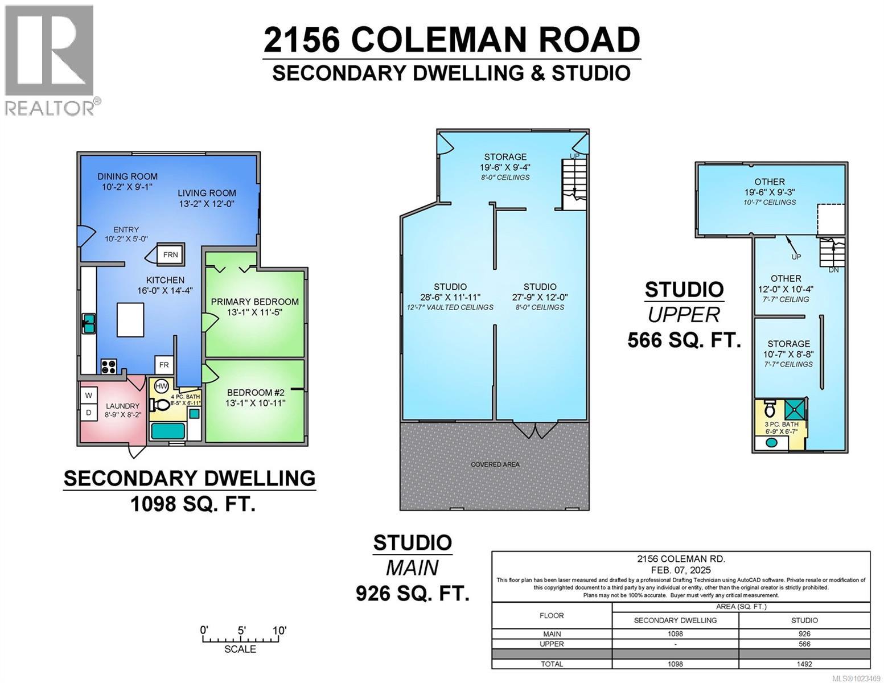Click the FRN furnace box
click(x=170, y=255)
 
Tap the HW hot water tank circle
click(x=162, y=385)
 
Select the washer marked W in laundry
click(x=89, y=395)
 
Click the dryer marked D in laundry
click(x=89, y=412)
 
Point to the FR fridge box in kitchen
click(x=164, y=365)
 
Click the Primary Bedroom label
click(x=254, y=302)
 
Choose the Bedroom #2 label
click(x=256, y=393)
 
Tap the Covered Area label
click(x=495, y=464)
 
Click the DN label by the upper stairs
click(x=833, y=270)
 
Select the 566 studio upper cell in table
click(x=804, y=644)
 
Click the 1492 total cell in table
click(x=804, y=664)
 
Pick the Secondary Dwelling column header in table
click(x=675, y=620)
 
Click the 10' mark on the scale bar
click(x=279, y=631)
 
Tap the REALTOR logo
click(x=50, y=60)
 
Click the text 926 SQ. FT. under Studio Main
click(x=413, y=594)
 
